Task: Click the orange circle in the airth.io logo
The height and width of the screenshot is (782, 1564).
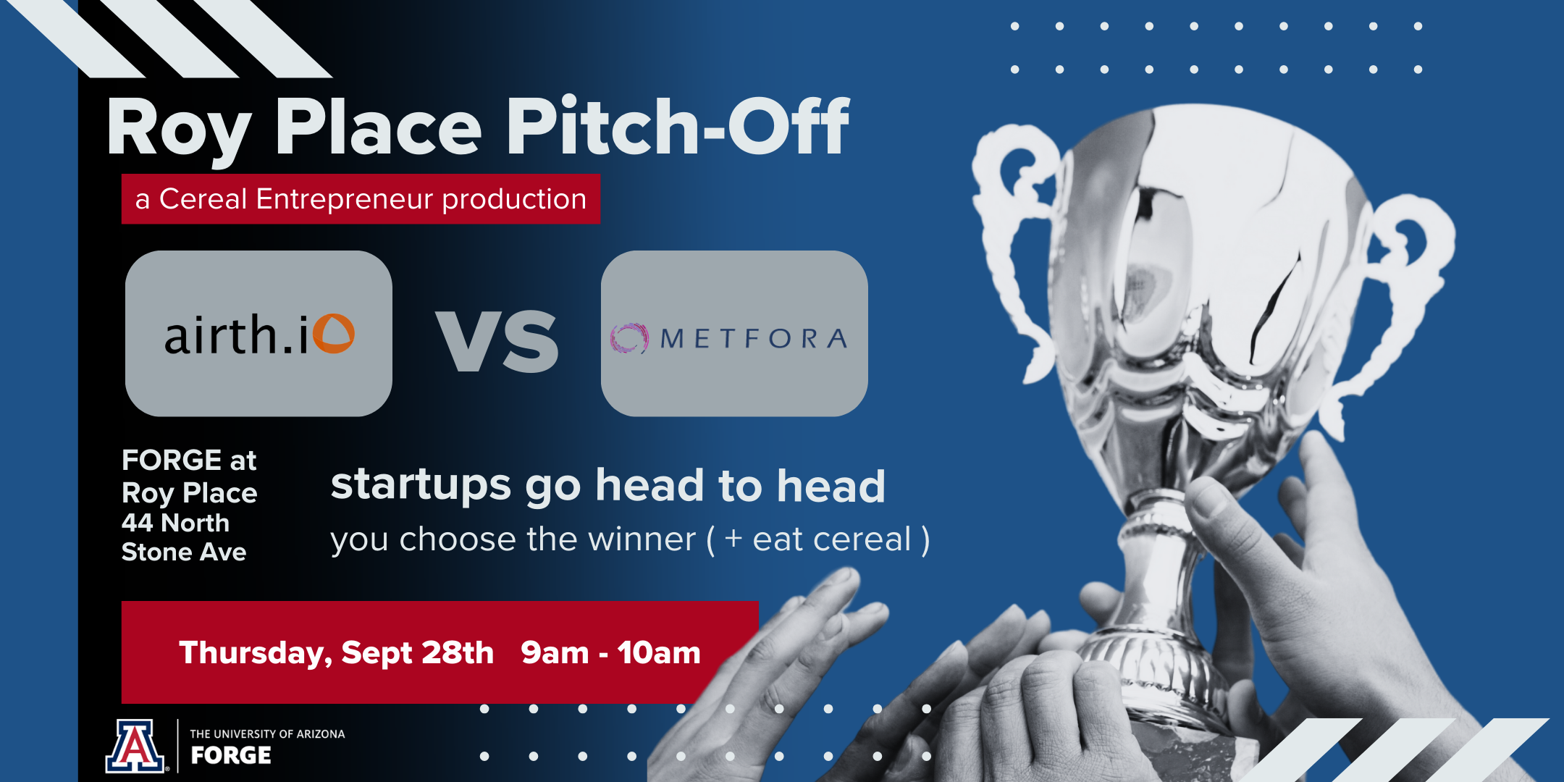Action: (335, 334)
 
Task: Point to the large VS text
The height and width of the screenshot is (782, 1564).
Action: (497, 340)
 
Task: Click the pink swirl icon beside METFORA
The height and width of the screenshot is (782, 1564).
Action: (628, 338)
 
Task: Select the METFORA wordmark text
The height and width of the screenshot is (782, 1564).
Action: (753, 338)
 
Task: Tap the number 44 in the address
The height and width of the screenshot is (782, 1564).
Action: (138, 523)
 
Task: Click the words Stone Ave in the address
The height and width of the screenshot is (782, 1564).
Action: (184, 552)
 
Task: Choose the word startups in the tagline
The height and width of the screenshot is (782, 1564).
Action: (421, 485)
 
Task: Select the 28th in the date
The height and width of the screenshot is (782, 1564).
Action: (458, 652)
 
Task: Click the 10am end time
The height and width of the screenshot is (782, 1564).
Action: (659, 652)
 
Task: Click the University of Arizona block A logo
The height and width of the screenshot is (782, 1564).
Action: (135, 746)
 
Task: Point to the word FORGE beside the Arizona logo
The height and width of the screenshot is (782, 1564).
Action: (231, 755)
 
